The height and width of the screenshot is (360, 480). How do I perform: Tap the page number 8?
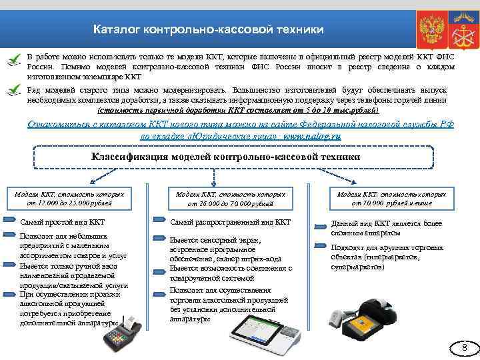coord(465,347)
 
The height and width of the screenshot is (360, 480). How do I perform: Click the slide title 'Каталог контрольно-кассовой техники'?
coord(208,30)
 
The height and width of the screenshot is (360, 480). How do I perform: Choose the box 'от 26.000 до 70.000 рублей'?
coord(230,198)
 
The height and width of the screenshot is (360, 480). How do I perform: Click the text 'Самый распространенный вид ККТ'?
coord(230,222)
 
